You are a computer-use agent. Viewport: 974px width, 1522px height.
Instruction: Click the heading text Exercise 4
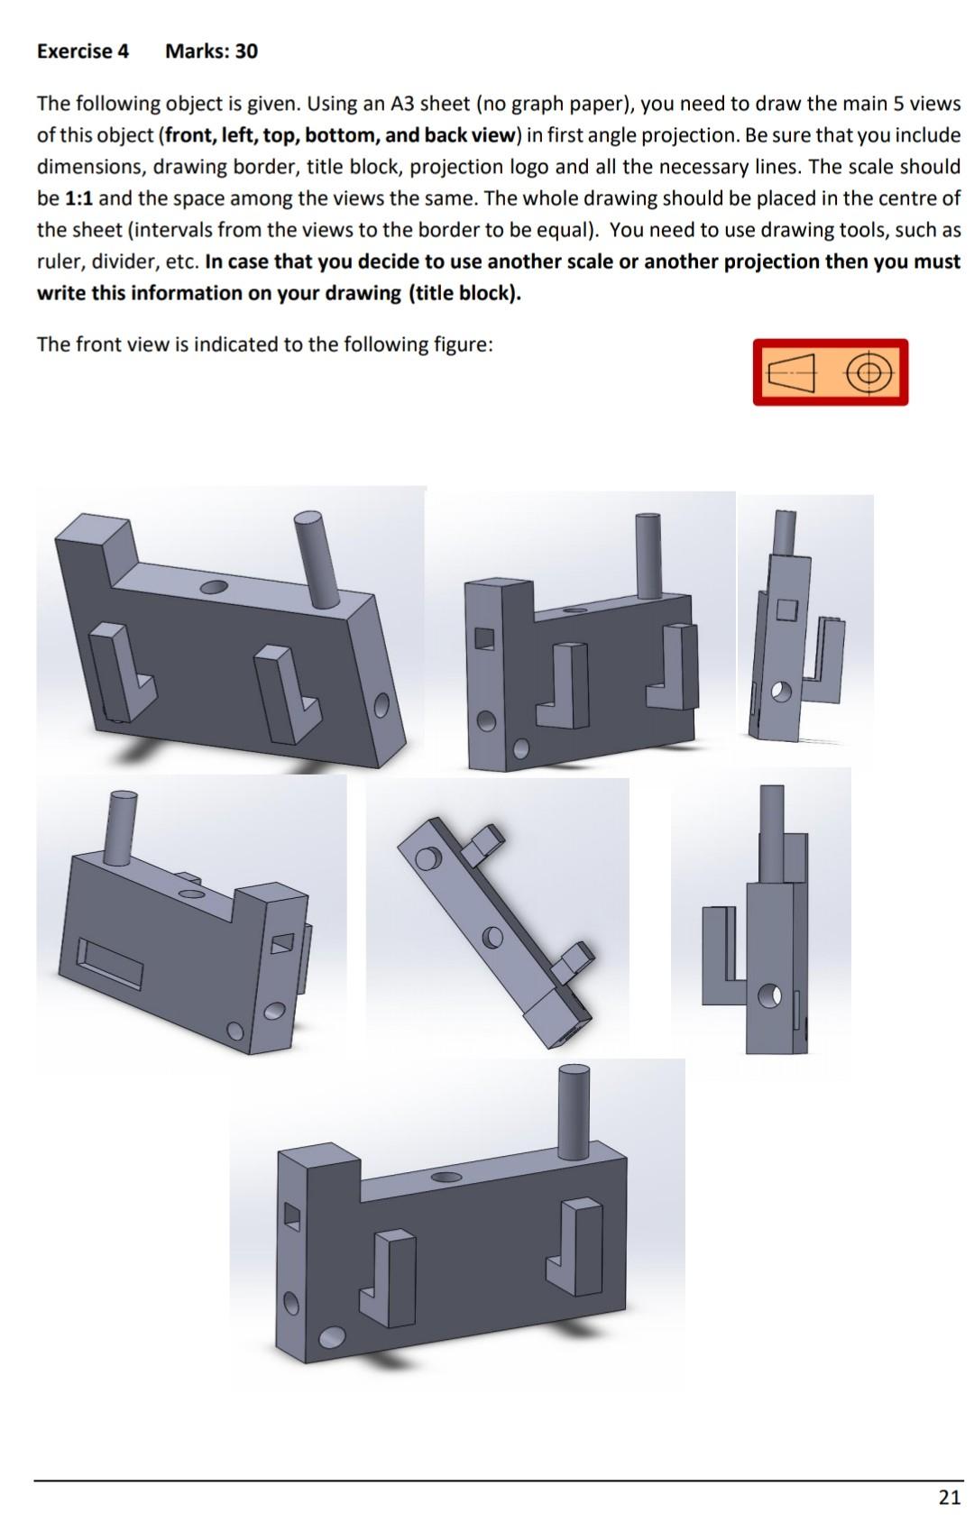click(x=82, y=51)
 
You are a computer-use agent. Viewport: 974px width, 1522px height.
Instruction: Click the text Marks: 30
click(x=211, y=51)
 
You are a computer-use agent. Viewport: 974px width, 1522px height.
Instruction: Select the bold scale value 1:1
click(x=78, y=198)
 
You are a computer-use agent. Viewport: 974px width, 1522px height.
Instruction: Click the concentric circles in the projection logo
click(x=868, y=372)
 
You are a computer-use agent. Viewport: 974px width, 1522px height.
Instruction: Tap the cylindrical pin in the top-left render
click(x=317, y=558)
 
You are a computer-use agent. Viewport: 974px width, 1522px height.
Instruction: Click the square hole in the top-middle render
click(x=484, y=638)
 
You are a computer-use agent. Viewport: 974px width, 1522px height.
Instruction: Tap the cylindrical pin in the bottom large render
click(x=573, y=1113)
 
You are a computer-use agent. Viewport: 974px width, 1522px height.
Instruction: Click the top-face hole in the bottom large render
click(x=446, y=1176)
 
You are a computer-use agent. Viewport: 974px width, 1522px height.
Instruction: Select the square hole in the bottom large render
click(x=291, y=1216)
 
